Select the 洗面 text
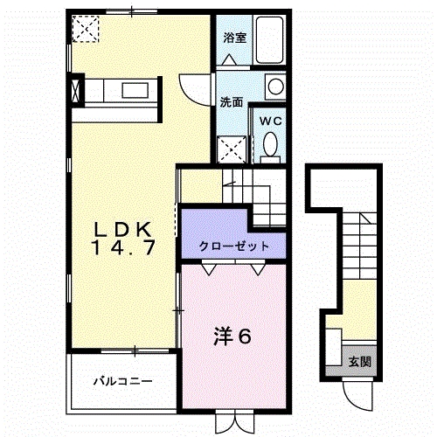[x=231, y=101]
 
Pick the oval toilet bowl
[x=270, y=144]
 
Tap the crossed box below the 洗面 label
[x=232, y=149]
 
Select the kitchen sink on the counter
[x=135, y=89]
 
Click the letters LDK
[x=125, y=229]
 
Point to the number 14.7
[x=125, y=248]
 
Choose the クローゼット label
[x=233, y=246]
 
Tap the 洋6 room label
[x=234, y=335]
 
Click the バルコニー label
[x=125, y=382]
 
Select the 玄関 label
[x=359, y=360]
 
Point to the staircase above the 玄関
[x=358, y=240]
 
